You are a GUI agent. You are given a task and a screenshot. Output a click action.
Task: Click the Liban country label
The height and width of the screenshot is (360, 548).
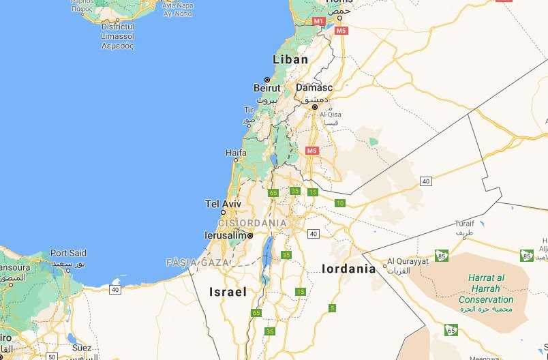[x=290, y=59]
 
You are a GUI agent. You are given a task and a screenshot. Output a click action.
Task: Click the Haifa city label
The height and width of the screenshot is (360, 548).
[x=235, y=153]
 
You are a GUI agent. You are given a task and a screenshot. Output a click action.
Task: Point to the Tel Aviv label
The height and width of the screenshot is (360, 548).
[x=223, y=203]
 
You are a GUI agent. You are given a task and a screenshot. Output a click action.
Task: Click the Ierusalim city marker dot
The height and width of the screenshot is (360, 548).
[x=251, y=236]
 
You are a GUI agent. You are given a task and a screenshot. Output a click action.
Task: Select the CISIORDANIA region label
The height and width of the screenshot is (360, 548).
[x=252, y=222]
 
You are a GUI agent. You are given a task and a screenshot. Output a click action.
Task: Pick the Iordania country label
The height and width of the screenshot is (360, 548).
[x=348, y=269]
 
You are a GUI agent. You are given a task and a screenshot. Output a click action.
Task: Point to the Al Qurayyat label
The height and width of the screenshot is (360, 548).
[x=408, y=261]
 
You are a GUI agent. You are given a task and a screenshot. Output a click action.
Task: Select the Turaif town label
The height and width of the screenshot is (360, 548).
[x=464, y=224]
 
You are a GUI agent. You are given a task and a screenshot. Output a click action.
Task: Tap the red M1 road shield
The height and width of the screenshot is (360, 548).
[x=318, y=21]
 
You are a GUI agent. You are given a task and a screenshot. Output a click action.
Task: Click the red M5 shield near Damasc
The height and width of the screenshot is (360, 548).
[x=312, y=150]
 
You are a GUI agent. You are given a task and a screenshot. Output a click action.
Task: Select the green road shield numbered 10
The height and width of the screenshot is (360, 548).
[x=340, y=203]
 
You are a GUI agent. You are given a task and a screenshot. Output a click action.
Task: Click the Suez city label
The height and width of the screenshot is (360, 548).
[x=81, y=347]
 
